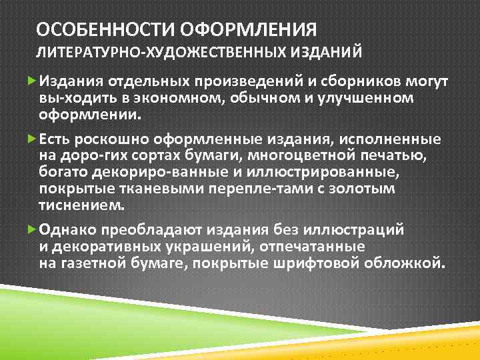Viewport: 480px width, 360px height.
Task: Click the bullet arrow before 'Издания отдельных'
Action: (x=33, y=81)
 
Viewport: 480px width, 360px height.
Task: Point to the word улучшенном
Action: (x=364, y=98)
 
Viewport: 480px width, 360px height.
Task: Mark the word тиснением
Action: (x=81, y=205)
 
